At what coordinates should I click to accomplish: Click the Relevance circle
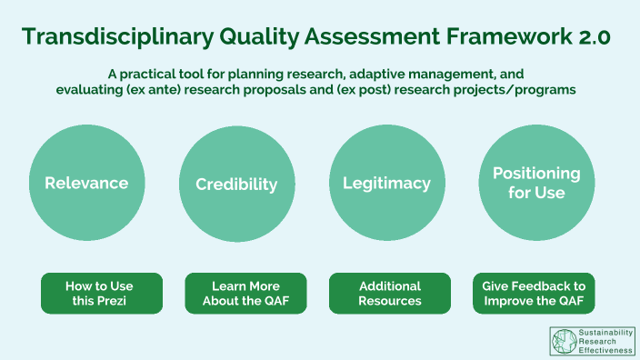(x=86, y=183)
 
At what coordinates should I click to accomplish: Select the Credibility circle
(x=236, y=184)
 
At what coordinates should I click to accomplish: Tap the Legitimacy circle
(x=386, y=183)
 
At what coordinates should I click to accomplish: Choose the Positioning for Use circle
(x=536, y=183)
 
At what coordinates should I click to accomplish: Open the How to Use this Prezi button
(x=101, y=293)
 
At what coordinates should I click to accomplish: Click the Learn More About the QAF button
(x=245, y=293)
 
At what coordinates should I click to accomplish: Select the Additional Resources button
(x=389, y=293)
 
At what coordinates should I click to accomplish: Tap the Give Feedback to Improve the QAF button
(x=534, y=293)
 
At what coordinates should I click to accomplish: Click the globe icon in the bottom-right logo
(x=564, y=340)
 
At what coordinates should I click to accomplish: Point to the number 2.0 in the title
(x=593, y=36)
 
